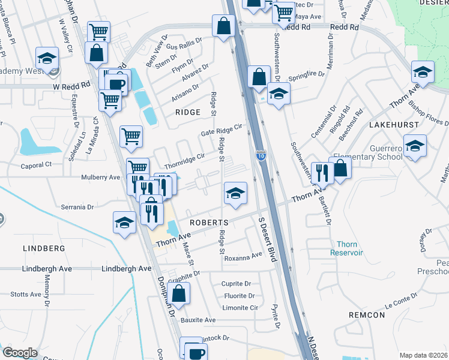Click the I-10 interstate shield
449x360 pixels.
coord(260,156)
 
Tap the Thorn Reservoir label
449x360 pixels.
coord(346,248)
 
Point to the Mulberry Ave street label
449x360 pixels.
coord(101,178)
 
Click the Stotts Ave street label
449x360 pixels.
coord(25,295)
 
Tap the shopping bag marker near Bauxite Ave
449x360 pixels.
coord(179,293)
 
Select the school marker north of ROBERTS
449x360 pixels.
coord(235,193)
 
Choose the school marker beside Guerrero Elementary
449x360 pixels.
coord(415,146)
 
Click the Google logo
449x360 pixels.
coord(20,353)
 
